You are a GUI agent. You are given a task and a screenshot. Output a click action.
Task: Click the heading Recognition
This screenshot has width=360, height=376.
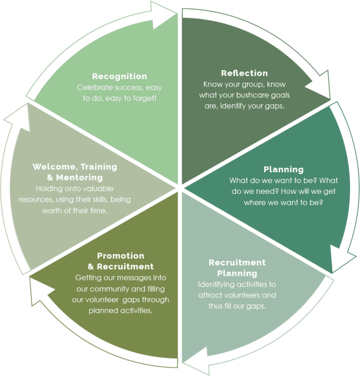click(120, 76)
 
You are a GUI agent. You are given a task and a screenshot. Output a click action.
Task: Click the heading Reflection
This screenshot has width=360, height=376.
click(244, 73)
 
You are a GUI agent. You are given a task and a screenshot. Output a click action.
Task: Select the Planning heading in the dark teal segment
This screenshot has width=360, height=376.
click(283, 170)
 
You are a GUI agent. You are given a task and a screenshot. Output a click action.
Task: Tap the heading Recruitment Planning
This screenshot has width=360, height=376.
click(237, 267)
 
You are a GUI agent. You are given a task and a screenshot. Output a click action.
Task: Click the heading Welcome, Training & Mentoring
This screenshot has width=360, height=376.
click(75, 172)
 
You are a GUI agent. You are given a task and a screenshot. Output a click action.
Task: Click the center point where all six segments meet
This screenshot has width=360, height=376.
click(180, 188)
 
